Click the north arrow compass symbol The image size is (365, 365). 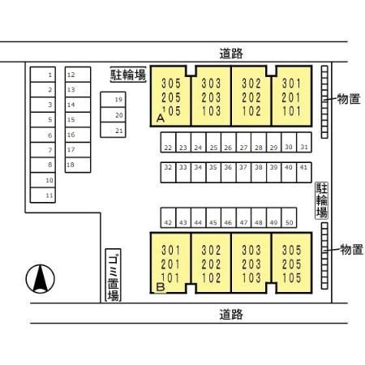point(41,279)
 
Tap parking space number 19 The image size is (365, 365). point(113,100)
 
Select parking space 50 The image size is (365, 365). point(289,217)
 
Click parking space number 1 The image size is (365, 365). point(43,75)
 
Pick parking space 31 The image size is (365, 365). point(304,142)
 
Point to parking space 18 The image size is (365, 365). point(78,165)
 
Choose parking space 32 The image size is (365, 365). point(168,173)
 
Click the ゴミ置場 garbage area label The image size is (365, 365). point(113,275)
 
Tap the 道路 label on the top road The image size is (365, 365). point(231,54)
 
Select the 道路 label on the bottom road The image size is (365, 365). point(231,315)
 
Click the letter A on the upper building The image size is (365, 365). point(161,118)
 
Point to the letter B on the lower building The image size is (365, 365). point(161,286)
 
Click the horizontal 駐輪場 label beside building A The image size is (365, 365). point(128,75)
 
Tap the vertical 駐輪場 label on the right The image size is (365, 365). point(322,200)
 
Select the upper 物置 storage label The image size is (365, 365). point(349,99)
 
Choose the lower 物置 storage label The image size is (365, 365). point(351,249)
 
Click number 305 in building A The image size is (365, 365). point(171,84)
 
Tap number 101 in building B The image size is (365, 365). point(170,278)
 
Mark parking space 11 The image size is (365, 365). point(43,195)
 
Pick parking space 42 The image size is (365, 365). point(168,217)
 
